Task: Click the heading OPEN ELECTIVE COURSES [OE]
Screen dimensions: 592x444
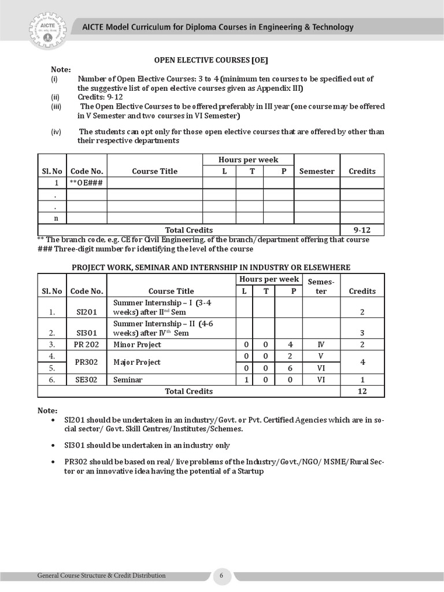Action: coord(210,60)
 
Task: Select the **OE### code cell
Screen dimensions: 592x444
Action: coord(86,183)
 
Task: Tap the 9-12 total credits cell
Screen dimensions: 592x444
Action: coord(362,230)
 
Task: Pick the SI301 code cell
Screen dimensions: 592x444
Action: coord(87,333)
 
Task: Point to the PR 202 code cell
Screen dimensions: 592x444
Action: coord(87,345)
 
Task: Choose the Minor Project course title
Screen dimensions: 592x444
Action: coord(138,345)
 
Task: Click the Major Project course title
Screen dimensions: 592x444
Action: coord(137,362)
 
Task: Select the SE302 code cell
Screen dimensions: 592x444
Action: coord(87,380)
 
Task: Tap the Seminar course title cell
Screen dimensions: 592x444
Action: coord(128,380)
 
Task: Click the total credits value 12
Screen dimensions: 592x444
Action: coord(362,391)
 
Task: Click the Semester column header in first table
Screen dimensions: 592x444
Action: coord(317,171)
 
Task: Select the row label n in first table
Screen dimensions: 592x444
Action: coord(56,218)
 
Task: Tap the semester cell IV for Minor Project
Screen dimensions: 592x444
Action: coord(321,345)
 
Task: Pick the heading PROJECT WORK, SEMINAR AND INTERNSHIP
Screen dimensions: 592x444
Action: coord(210,267)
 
